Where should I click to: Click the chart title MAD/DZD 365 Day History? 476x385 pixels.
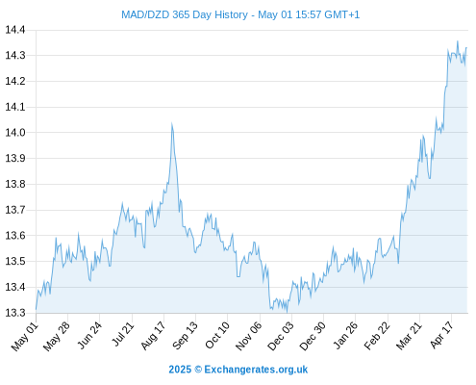(185, 14)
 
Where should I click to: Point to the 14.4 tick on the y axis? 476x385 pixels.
(15, 30)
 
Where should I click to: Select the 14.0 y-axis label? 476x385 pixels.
(15, 133)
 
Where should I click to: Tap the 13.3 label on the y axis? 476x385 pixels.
(15, 313)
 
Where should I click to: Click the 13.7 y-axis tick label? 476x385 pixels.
(15, 210)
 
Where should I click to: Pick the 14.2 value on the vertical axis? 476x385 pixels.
(15, 81)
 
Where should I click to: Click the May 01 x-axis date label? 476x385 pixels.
(25, 337)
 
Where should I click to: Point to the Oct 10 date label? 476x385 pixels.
(217, 336)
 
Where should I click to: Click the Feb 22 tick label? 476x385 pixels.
(377, 336)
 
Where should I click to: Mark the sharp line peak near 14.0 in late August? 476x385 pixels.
(172, 123)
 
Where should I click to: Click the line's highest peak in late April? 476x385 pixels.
(458, 41)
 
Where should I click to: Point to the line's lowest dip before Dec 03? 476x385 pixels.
(287, 312)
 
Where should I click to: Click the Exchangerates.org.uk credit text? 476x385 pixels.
(256, 370)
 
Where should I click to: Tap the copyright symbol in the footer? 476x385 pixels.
(198, 370)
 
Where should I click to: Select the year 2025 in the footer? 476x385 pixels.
(180, 370)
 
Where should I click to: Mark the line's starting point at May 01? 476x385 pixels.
(36, 310)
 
